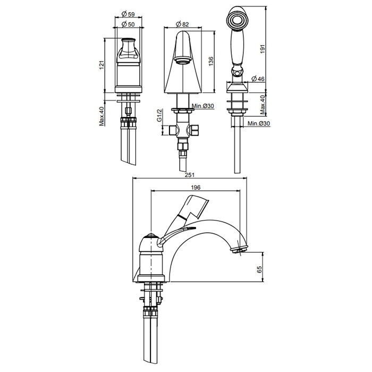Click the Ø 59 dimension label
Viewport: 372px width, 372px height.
(x=128, y=14)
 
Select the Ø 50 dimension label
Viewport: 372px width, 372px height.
(x=128, y=24)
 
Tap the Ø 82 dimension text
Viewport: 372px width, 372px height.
(x=182, y=24)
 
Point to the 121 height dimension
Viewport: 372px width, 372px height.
(x=102, y=65)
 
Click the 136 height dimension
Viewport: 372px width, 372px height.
(x=211, y=61)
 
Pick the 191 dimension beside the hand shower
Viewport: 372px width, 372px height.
(x=262, y=49)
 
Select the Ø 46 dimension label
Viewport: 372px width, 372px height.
(x=258, y=79)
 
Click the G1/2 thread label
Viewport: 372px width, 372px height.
(x=159, y=115)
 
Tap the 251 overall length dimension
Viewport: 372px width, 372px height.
(x=190, y=175)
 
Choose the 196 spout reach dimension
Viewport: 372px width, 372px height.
(x=196, y=188)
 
